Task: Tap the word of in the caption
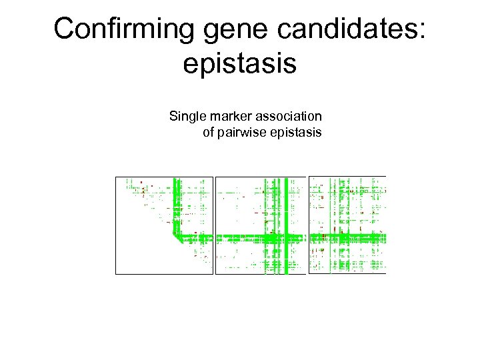208,132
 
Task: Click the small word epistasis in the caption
296,132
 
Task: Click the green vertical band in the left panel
177,200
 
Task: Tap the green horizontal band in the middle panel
240,237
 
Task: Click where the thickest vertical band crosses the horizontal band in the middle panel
286,237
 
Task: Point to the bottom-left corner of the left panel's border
116,274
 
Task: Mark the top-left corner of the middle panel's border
216,177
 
